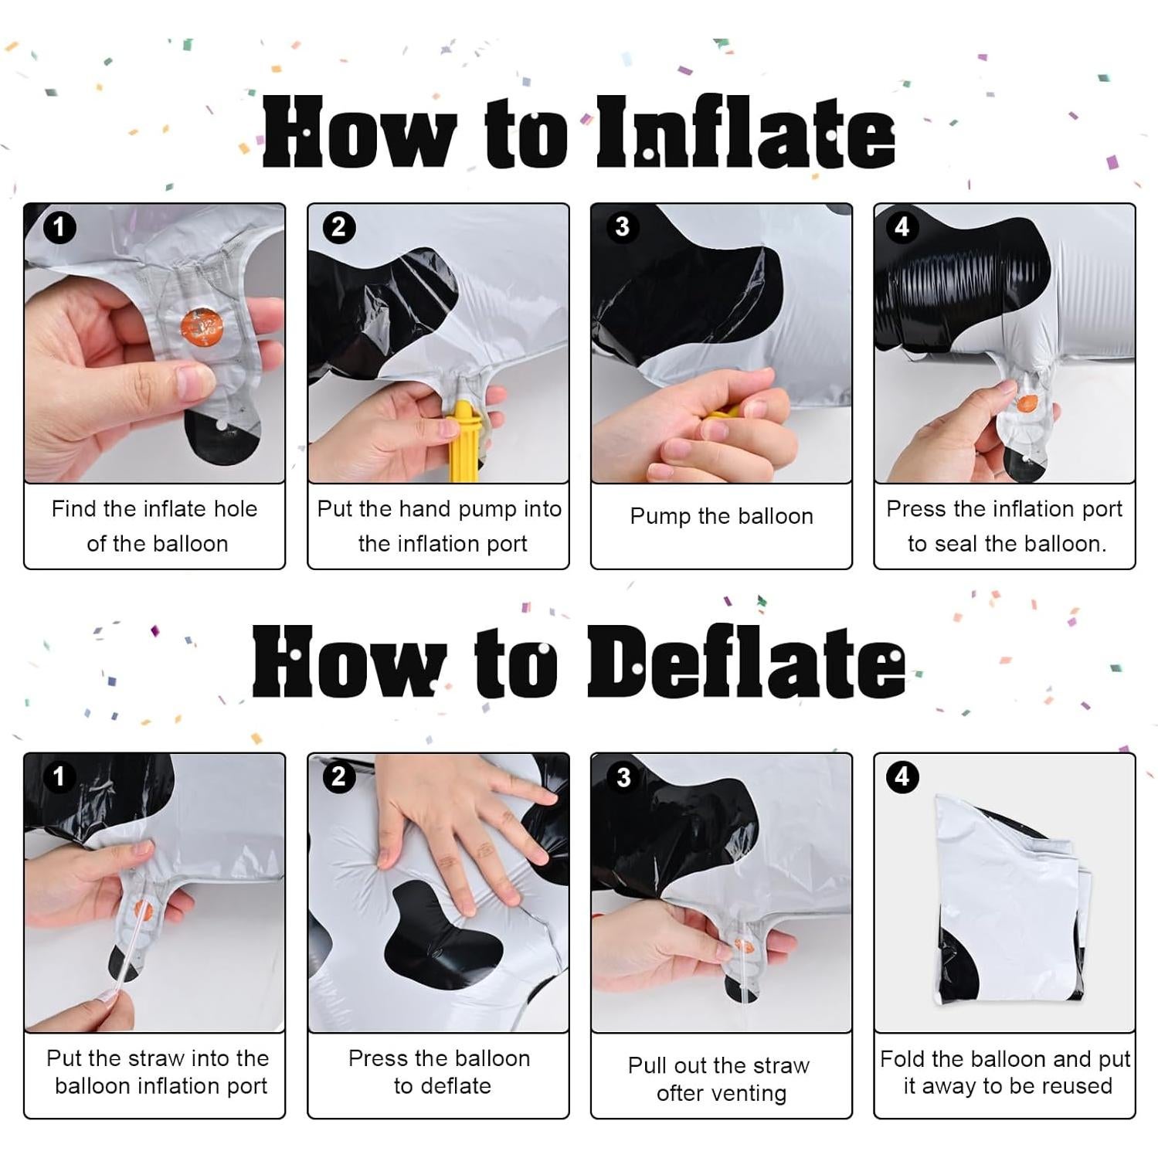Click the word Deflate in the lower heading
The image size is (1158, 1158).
click(745, 662)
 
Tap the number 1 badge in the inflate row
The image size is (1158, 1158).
click(59, 228)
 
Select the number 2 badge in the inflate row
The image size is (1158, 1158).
click(338, 228)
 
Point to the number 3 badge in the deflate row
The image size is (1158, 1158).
click(623, 777)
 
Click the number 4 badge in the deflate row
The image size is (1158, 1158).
click(902, 776)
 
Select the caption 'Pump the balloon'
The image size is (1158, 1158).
click(721, 516)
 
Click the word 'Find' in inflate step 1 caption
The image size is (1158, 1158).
click(74, 509)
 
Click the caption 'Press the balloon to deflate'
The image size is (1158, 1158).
click(439, 1072)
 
